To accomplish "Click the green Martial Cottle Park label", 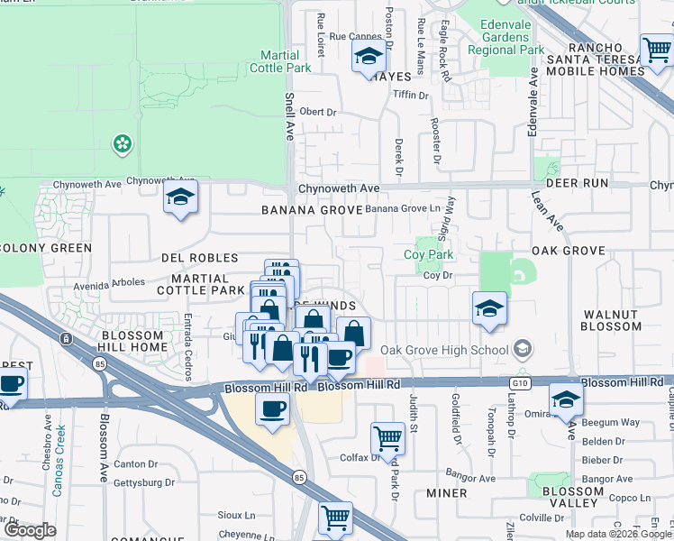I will [279, 61].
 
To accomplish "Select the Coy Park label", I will [428, 255].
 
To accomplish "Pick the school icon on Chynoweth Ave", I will [180, 197].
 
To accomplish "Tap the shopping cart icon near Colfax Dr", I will [387, 439].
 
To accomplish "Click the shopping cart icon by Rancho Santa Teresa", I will [657, 51].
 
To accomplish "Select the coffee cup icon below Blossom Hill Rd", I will [271, 410].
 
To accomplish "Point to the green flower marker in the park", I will [122, 143].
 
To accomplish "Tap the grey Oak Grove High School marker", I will [522, 349].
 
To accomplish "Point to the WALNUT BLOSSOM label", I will [610, 321].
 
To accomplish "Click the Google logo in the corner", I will [30, 531].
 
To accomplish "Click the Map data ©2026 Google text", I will [619, 534].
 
